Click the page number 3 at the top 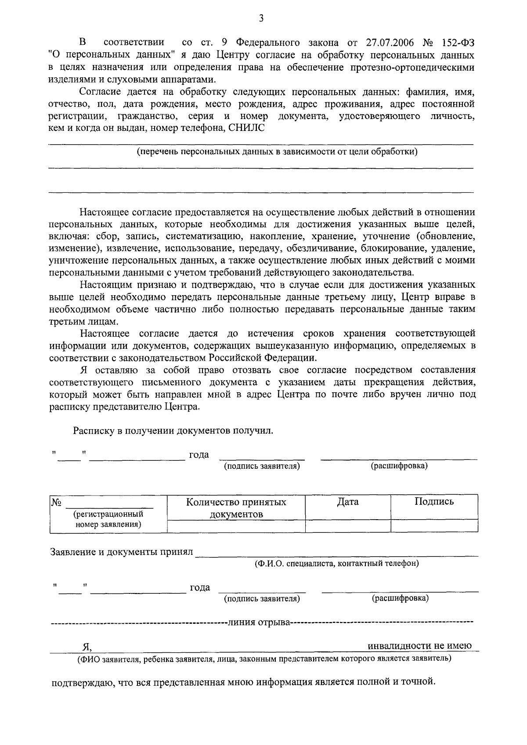[261, 18]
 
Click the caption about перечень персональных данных [277, 152]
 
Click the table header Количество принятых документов [236, 508]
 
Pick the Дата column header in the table [348, 502]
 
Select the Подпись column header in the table [434, 502]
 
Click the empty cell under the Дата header [348, 526]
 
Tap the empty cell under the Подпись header [434, 526]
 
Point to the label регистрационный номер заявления [108, 519]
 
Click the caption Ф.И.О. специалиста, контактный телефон [336, 563]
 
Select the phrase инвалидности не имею [419, 646]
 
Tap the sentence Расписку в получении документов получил [173, 430]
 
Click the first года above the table [199, 455]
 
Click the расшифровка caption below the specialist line [400, 598]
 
